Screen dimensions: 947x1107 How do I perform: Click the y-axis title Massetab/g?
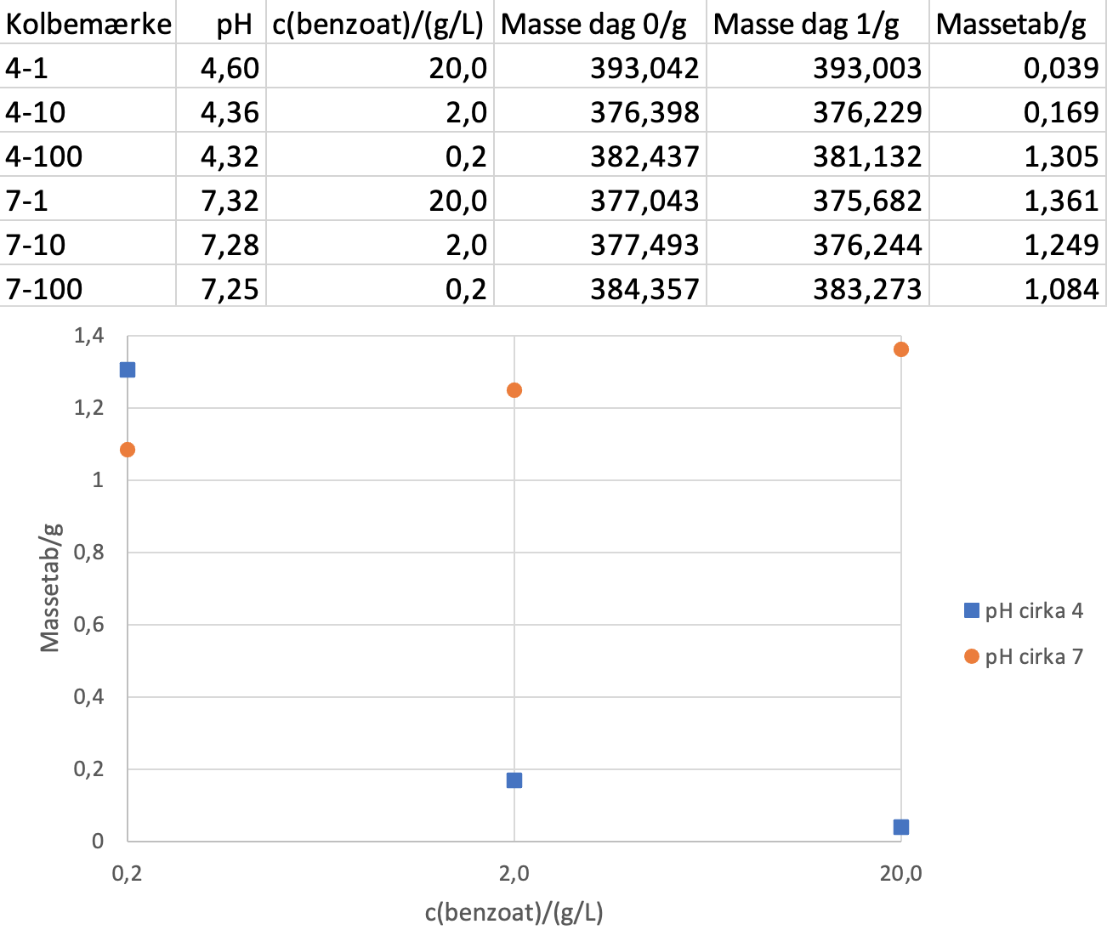coord(51,587)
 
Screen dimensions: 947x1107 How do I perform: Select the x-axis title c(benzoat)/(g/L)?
coord(514,913)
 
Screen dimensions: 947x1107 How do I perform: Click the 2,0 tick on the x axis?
coord(514,874)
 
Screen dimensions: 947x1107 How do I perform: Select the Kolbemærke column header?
coord(88,25)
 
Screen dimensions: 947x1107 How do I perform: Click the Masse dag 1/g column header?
coord(806,25)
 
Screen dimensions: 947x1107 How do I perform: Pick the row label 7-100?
coord(44,289)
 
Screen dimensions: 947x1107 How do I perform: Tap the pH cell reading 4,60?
coord(230,68)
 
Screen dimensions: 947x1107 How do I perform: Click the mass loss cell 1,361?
coord(1061,201)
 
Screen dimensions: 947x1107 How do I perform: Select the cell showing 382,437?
coord(644,156)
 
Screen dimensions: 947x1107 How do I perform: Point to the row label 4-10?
coord(36,112)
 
